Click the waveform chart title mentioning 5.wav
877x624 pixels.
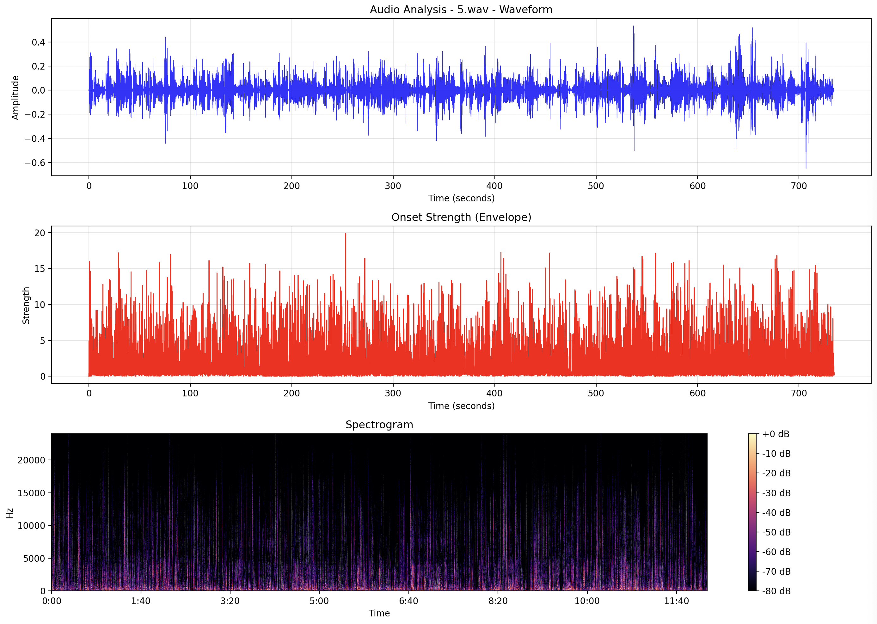461,9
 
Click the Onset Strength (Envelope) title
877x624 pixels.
461,217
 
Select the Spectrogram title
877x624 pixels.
379,425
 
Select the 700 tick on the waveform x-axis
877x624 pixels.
799,186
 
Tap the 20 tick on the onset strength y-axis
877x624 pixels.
40,233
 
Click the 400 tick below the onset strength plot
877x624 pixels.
494,394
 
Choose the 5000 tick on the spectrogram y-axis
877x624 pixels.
34,558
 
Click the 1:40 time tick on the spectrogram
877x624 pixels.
141,601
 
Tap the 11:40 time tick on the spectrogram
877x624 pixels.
676,601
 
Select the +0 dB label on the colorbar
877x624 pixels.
776,434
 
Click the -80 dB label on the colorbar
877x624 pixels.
776,591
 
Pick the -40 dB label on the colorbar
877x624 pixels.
776,513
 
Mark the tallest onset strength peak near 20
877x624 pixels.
346,234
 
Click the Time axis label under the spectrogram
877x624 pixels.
379,613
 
